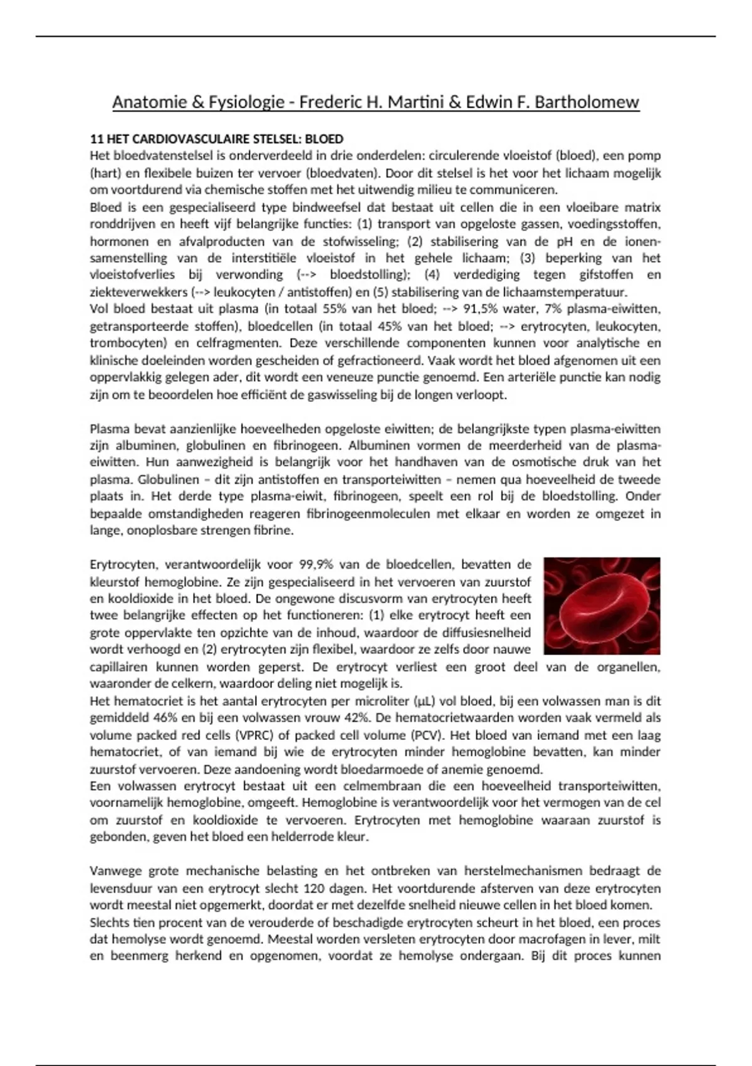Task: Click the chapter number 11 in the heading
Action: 96,139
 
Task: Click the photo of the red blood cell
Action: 602,605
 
